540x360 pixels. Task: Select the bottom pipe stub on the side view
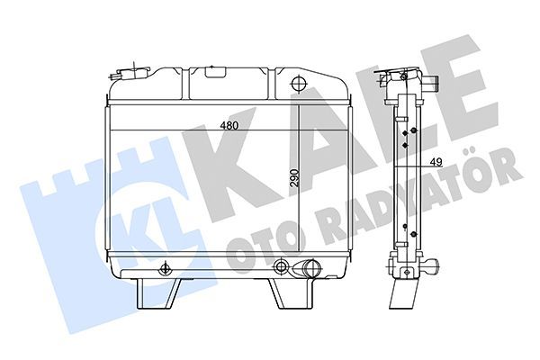pos(434,267)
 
